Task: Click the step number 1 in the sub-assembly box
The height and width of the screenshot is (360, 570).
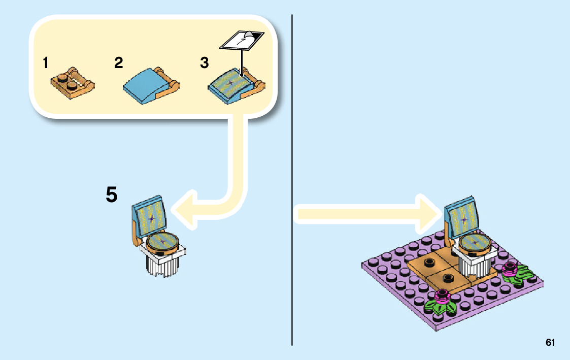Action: [46, 63]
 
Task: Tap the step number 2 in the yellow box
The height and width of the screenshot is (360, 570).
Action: [118, 63]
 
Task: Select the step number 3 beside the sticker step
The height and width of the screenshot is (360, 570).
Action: [204, 63]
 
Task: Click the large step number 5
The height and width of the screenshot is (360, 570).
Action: [112, 195]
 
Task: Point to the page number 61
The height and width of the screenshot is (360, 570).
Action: [550, 343]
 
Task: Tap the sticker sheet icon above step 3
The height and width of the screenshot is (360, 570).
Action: [242, 40]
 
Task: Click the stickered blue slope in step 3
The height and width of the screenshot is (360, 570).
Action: [231, 84]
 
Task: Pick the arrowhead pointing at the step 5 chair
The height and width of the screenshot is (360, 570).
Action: [183, 207]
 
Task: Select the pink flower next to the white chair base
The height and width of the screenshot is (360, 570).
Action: [509, 269]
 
